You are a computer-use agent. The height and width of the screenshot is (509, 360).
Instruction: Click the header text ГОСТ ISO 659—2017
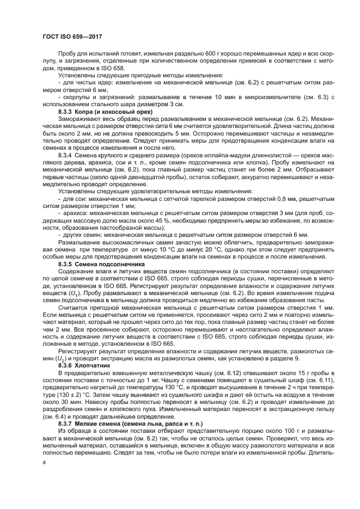(x=72, y=36)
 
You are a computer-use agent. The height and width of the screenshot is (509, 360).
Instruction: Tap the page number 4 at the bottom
(x=45, y=462)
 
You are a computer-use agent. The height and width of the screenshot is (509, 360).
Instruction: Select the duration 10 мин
(x=199, y=96)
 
